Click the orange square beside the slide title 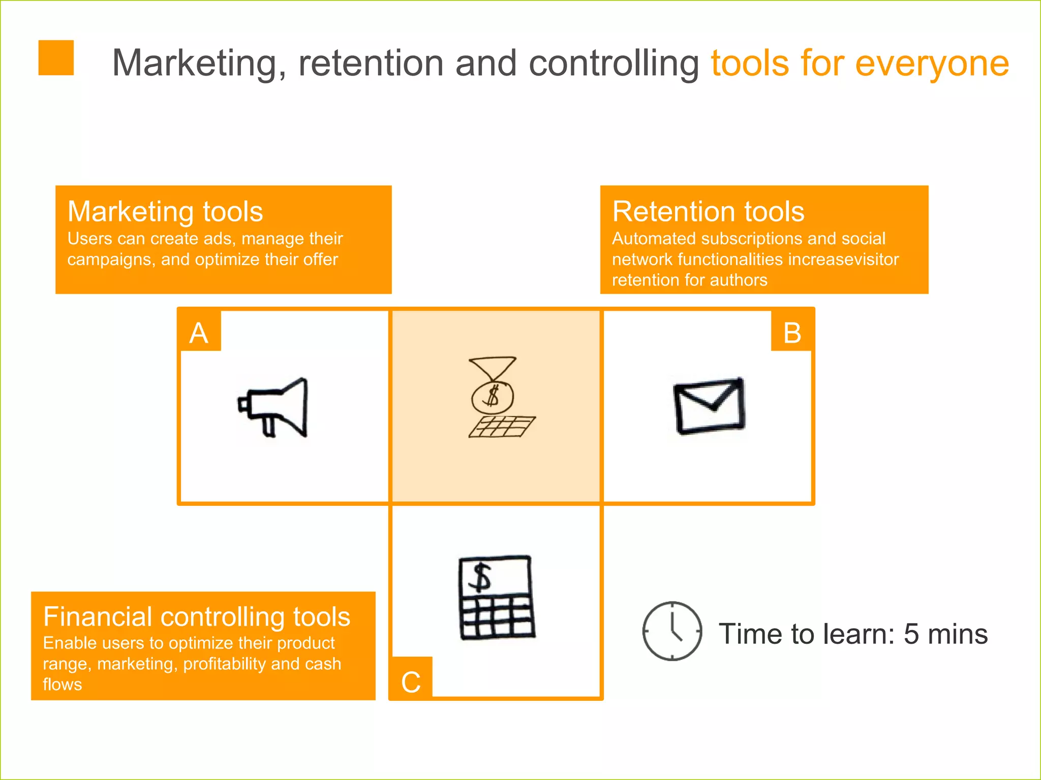coord(56,58)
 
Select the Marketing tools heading coord(165,212)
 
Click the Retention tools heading coord(708,212)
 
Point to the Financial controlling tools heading coord(197,617)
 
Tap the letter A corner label coord(199,333)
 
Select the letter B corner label coord(792,333)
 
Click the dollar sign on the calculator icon coord(480,578)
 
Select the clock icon coord(672,631)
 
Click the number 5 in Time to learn coord(911,634)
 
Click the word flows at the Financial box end coord(62,685)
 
